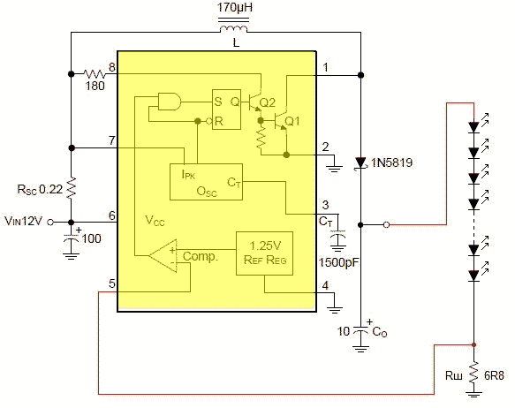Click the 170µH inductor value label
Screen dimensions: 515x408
click(234, 8)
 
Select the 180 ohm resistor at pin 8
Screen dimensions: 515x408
click(94, 74)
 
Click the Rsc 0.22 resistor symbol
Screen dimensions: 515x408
click(72, 188)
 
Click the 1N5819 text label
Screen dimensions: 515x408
click(391, 162)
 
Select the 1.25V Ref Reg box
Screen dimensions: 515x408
click(264, 253)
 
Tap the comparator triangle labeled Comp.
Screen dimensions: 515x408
click(163, 256)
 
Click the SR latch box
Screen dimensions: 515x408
click(226, 110)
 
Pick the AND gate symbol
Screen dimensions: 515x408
click(169, 102)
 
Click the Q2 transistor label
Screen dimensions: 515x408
click(267, 102)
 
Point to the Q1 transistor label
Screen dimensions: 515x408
click(292, 121)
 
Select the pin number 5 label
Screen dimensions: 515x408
click(112, 283)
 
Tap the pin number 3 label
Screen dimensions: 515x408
click(325, 205)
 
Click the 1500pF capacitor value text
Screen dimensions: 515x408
click(339, 262)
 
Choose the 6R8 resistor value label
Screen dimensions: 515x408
click(494, 375)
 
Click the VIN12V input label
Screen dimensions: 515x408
click(23, 221)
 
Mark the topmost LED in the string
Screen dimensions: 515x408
click(473, 127)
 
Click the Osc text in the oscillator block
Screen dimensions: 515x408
click(207, 192)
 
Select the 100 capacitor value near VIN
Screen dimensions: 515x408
click(91, 238)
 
